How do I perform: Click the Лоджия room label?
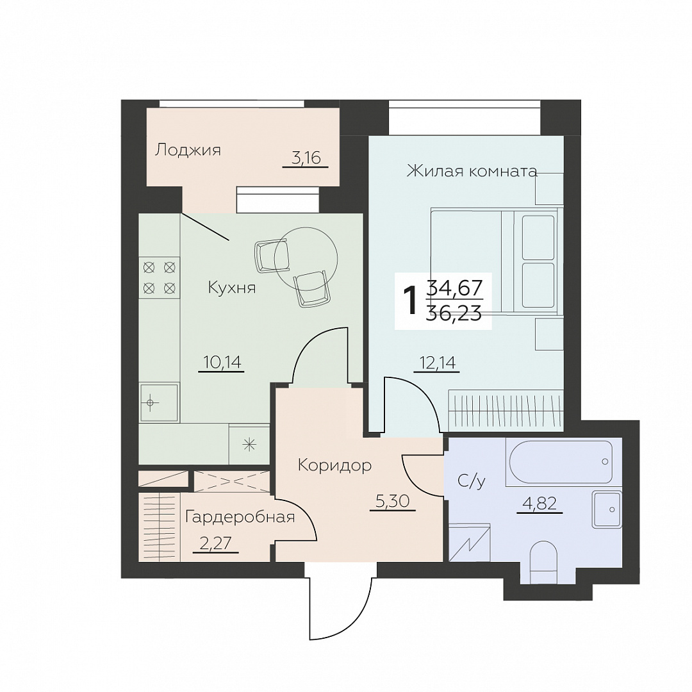(x=188, y=151)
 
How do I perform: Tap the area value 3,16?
(x=306, y=158)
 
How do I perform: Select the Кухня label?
(x=232, y=288)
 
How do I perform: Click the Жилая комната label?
(x=472, y=171)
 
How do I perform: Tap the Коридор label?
(x=334, y=465)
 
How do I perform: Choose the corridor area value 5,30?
(x=393, y=501)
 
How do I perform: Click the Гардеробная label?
(x=240, y=517)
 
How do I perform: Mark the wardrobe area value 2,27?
(x=216, y=543)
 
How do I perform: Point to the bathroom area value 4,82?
(x=540, y=503)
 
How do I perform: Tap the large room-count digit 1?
(x=411, y=301)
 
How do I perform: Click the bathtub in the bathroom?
(x=559, y=462)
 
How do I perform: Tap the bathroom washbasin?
(x=607, y=509)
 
